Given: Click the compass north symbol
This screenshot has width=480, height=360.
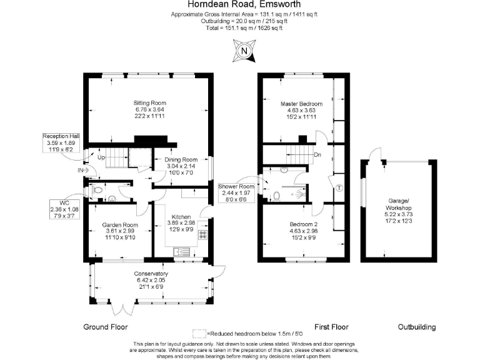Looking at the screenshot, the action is [244, 51].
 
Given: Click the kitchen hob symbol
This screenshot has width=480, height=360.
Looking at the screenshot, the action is [202, 235].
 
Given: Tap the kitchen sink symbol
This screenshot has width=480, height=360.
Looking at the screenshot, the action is [182, 252].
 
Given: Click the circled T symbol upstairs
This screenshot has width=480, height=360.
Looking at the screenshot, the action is [339, 188].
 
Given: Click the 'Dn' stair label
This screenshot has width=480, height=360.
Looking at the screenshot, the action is [317, 155].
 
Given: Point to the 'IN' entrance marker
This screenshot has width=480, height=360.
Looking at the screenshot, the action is [81, 170].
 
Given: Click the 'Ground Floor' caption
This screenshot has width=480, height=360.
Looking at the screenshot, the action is [106, 327].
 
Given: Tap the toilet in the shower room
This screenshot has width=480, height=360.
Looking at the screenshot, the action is [276, 196].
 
